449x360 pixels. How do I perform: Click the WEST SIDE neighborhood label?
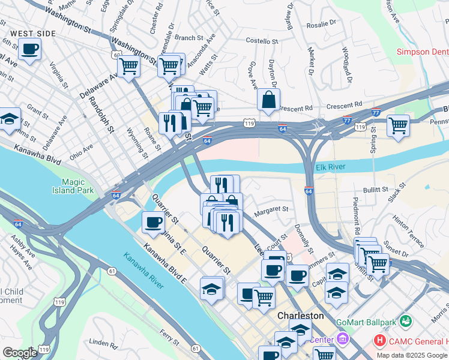[30, 33]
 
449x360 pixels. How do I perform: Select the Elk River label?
[331, 166]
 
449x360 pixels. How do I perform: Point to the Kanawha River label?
[143, 270]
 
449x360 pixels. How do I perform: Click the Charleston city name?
[300, 316]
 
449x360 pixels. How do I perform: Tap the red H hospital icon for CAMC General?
[379, 341]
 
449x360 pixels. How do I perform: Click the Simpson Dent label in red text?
[422, 52]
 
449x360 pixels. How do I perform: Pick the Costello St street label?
[262, 41]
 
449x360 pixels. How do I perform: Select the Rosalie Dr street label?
[322, 25]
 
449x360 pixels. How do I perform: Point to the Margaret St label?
[271, 209]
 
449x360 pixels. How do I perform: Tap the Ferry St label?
[170, 337]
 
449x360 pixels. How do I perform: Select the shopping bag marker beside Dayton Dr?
[268, 100]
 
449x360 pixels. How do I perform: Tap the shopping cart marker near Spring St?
[398, 126]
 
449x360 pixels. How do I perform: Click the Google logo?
[20, 353]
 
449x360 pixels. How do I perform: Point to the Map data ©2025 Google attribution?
[411, 355]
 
